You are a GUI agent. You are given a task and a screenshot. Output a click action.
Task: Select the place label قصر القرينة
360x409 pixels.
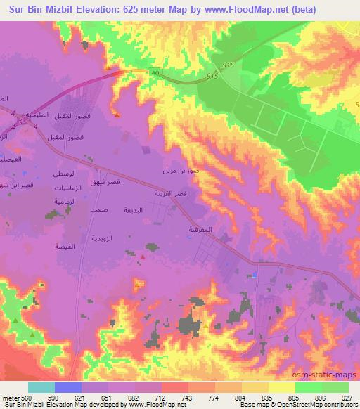click(171, 193)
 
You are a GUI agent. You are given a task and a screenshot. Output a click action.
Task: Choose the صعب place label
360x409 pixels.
click(98, 209)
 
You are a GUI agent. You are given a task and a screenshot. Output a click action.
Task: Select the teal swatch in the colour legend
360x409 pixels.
click(41, 387)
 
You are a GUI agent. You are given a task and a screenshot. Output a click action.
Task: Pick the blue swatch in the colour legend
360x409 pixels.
click(67, 387)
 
